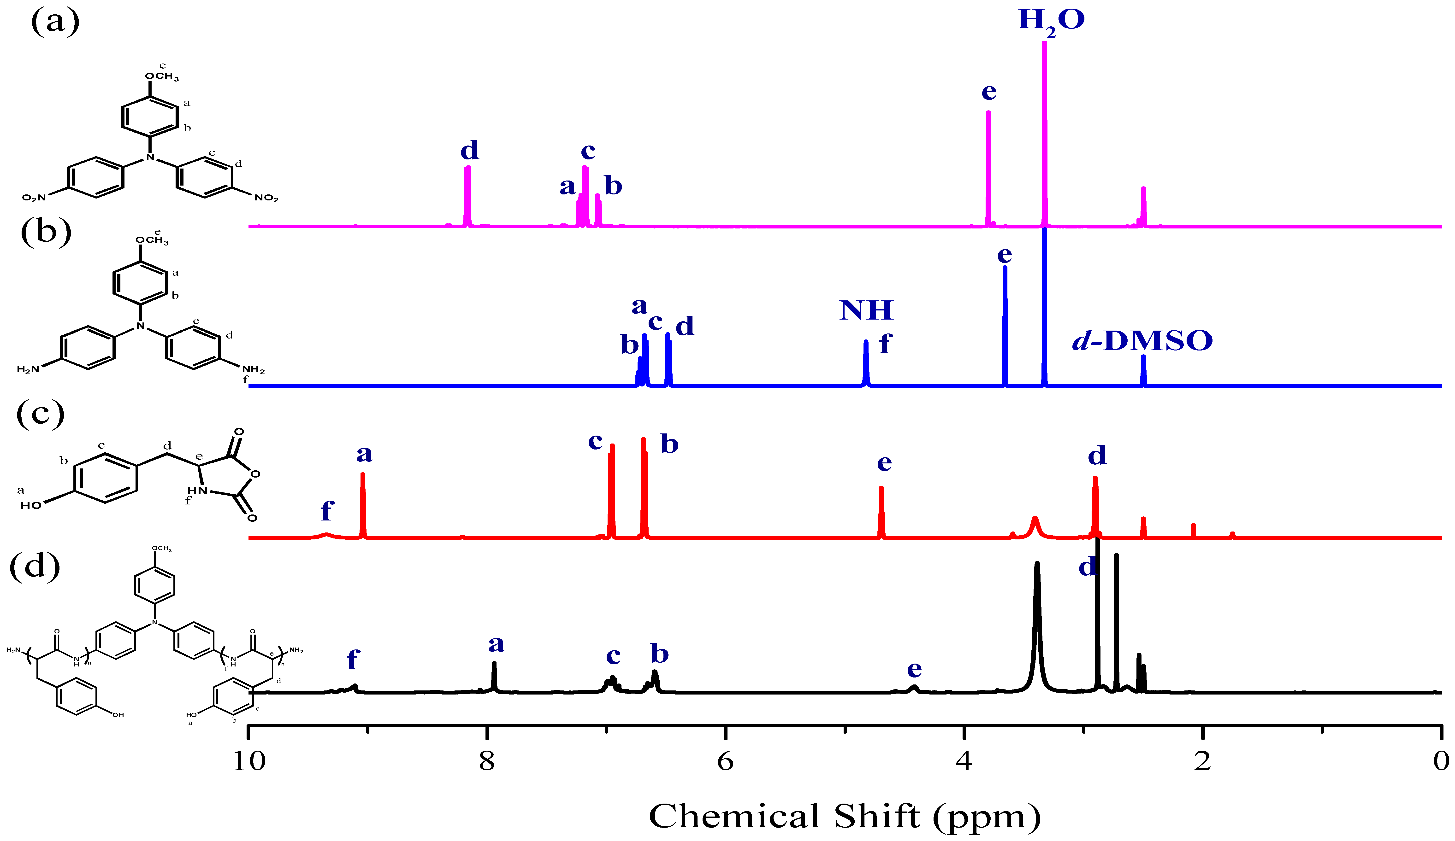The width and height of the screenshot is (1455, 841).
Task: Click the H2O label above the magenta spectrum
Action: pos(1051,21)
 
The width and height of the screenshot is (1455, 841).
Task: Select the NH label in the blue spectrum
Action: pos(866,310)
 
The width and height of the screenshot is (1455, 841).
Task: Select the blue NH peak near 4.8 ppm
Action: pos(865,364)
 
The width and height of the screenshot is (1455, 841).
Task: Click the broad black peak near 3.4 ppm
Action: pos(1037,623)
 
